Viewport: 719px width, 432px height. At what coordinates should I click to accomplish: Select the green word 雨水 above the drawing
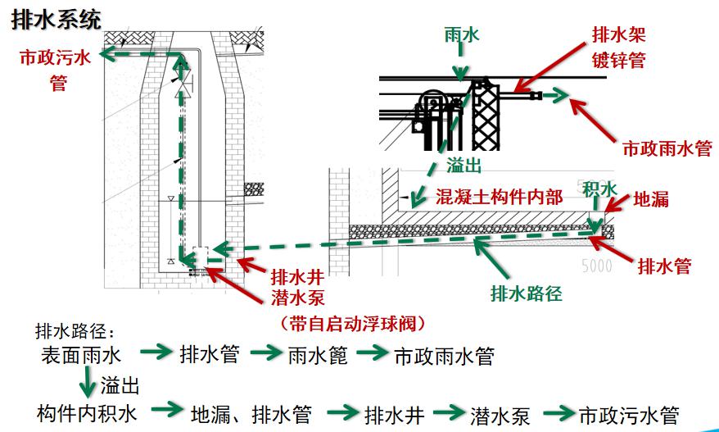[461, 34]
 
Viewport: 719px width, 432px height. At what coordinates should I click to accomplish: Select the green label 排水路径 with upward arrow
[526, 293]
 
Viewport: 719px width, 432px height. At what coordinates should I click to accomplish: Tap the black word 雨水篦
[319, 356]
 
